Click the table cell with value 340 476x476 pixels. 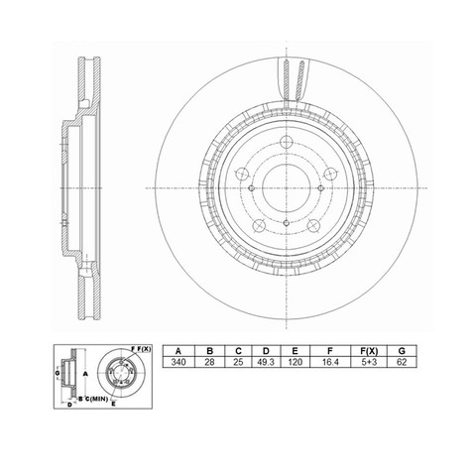pos(178,362)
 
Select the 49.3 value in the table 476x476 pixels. pos(266,362)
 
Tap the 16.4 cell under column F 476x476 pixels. pos(330,362)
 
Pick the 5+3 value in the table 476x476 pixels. pos(369,362)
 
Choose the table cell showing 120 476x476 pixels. pos(295,362)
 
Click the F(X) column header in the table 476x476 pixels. pos(369,351)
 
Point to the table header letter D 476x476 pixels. pos(266,351)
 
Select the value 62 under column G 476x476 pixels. pos(402,362)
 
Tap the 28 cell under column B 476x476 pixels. pos(209,362)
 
